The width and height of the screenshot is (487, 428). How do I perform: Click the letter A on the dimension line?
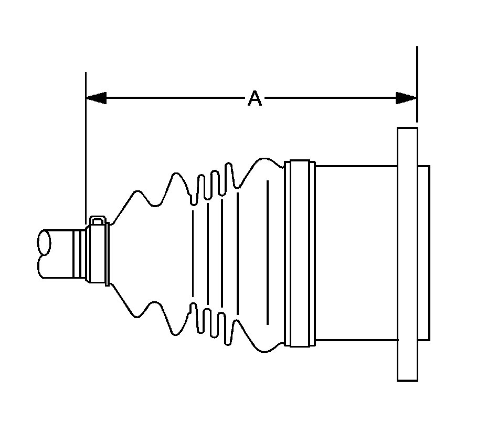click(255, 98)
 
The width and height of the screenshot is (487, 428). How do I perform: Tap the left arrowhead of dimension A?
click(96, 98)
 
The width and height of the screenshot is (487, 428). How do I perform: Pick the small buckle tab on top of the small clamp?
click(98, 220)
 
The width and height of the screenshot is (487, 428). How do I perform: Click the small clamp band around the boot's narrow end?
click(98, 252)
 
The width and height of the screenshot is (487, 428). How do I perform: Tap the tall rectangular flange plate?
click(407, 253)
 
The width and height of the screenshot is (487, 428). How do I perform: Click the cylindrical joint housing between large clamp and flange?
click(356, 253)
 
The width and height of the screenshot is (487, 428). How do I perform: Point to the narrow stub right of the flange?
click(424, 253)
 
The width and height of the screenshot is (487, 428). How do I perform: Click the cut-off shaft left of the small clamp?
click(55, 253)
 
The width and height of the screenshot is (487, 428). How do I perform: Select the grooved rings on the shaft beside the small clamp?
click(78, 253)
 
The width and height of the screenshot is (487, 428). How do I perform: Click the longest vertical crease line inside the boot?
click(268, 252)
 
